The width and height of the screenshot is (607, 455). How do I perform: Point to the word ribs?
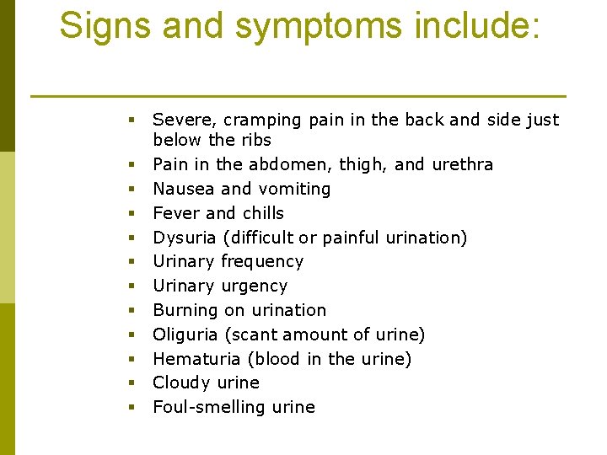click(x=256, y=140)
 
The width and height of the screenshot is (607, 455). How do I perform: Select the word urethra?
click(x=462, y=164)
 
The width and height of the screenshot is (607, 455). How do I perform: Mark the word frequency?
click(x=261, y=262)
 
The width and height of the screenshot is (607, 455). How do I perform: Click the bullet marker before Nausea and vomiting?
click(x=132, y=189)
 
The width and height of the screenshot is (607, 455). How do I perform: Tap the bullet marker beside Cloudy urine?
click(x=132, y=383)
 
